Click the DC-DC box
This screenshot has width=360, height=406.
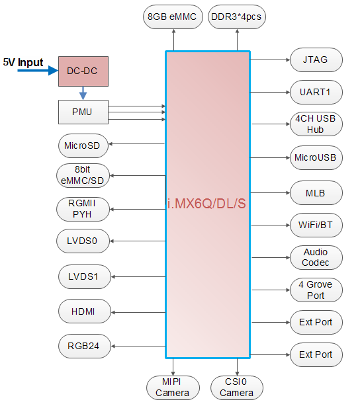coord(83,71)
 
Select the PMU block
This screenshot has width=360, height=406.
coord(83,112)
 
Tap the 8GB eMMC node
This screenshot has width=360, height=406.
coord(173,17)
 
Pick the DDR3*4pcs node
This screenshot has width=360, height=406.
coord(237,17)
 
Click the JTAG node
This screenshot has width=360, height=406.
coord(316,60)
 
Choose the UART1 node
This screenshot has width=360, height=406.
coord(316,92)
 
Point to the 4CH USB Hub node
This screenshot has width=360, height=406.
coord(316,124)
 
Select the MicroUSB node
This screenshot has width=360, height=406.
coord(316,157)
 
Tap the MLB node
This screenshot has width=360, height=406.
coord(316,193)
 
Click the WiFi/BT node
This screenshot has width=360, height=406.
coord(316,225)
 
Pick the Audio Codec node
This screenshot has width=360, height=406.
coord(316,258)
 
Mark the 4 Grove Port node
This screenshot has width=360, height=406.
coord(316,290)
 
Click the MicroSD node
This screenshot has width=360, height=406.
coord(83,145)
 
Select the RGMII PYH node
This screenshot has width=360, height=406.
coord(83,209)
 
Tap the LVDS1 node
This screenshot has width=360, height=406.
coord(85,277)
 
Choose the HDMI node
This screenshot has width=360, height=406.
coord(85,311)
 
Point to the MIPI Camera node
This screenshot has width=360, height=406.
coord(173,388)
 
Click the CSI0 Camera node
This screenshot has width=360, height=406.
coord(237,388)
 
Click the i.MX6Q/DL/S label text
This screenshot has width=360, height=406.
coord(206,204)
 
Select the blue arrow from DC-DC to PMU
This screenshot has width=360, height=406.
coord(83,93)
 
